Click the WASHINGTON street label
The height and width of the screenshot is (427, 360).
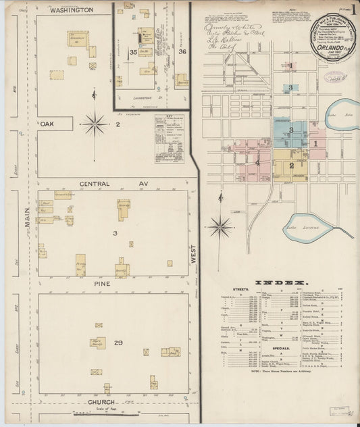(72, 10)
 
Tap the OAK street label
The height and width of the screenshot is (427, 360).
(47, 124)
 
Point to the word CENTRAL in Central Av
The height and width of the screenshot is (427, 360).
(95, 184)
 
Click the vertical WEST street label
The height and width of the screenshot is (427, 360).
(193, 253)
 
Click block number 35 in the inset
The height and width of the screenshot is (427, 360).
(134, 52)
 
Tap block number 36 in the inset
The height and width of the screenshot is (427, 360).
(182, 51)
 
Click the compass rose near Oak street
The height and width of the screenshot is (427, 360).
(94, 124)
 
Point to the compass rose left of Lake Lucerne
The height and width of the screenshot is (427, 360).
(220, 227)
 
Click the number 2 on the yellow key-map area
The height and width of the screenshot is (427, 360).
(292, 166)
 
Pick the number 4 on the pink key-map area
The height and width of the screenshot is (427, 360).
(257, 163)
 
